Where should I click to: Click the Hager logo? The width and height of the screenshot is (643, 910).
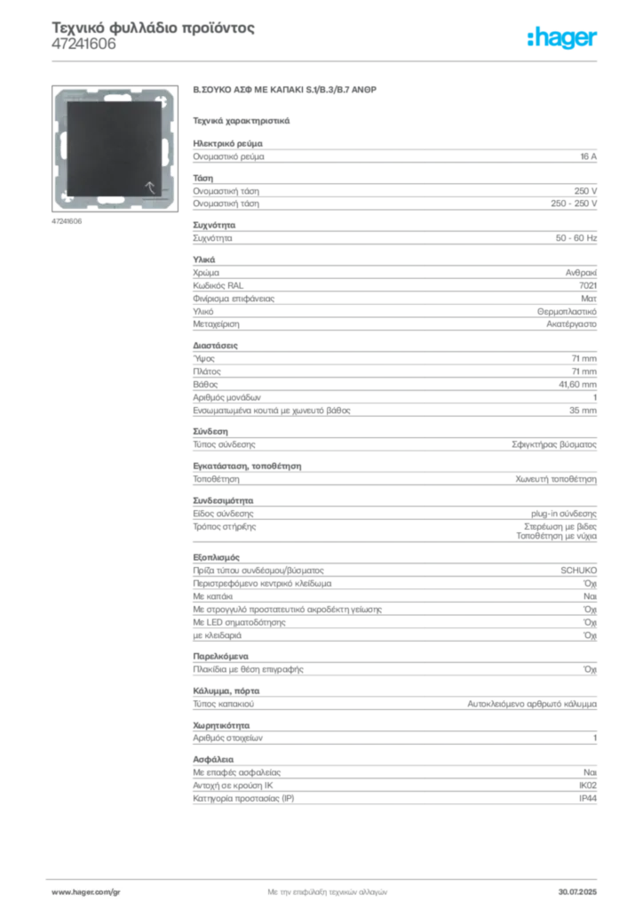click(x=561, y=37)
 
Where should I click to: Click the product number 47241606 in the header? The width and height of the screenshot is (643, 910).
click(x=83, y=44)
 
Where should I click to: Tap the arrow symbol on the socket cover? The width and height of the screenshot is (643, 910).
click(x=149, y=187)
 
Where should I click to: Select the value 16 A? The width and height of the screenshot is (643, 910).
click(x=589, y=156)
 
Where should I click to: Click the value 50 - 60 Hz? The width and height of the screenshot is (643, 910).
click(x=576, y=238)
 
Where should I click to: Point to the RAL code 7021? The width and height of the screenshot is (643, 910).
click(x=588, y=285)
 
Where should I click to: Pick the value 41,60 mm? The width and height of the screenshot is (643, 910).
click(x=577, y=384)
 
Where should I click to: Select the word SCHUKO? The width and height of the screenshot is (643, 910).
click(x=579, y=571)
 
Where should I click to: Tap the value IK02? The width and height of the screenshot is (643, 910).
click(x=588, y=786)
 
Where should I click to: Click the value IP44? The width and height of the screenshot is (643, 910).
click(x=588, y=799)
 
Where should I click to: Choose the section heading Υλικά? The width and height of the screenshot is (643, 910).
click(x=204, y=259)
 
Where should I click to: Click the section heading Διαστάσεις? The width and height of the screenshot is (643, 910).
click(x=215, y=346)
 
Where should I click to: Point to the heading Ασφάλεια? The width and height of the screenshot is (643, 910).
click(x=213, y=759)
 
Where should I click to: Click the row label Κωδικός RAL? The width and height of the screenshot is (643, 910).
click(x=218, y=285)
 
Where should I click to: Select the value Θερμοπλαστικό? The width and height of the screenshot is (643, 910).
click(x=567, y=312)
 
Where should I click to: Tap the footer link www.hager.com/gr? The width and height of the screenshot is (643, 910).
click(x=86, y=892)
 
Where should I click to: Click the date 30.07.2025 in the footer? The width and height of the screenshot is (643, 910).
click(x=577, y=892)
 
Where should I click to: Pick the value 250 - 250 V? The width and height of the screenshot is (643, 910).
click(x=574, y=204)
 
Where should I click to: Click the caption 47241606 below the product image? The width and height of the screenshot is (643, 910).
click(x=67, y=221)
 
